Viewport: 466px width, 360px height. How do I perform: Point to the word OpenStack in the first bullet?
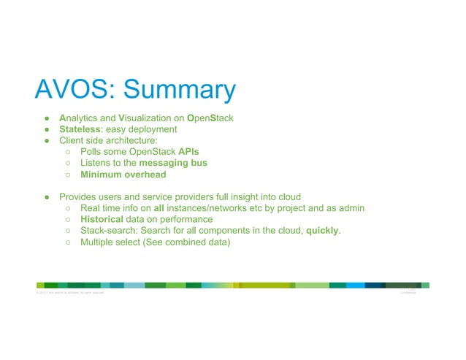[x=210, y=117]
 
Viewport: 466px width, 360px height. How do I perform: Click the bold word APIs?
[x=189, y=151]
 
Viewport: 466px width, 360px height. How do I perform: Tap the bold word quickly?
[x=322, y=231]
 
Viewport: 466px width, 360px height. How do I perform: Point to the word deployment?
[x=152, y=129]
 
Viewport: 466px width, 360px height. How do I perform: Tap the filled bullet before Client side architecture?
[x=45, y=140]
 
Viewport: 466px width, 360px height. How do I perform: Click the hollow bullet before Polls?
[x=66, y=151]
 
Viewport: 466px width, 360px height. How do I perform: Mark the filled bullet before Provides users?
[x=45, y=196]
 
